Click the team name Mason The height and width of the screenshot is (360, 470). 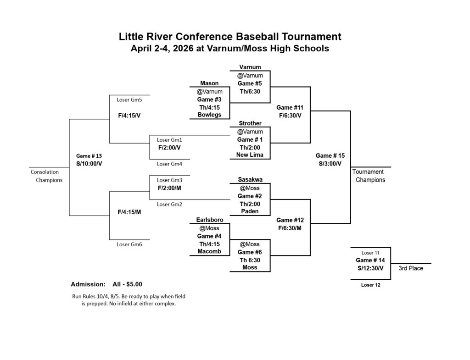pyautogui.click(x=209, y=83)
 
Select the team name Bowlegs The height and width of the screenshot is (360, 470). pyautogui.click(x=209, y=115)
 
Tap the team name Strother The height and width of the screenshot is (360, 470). pyautogui.click(x=250, y=123)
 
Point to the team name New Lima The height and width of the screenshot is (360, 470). pyautogui.click(x=250, y=155)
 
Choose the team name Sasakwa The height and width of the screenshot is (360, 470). pyautogui.click(x=250, y=179)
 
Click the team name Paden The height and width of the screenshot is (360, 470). pyautogui.click(x=250, y=211)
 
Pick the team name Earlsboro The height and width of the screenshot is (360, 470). pyautogui.click(x=209, y=220)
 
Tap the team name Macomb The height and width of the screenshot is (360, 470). pyautogui.click(x=209, y=251)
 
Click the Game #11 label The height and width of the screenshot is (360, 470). pyautogui.click(x=290, y=107)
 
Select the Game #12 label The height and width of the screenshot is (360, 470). pyautogui.click(x=290, y=220)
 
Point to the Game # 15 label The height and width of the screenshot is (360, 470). pyautogui.click(x=330, y=155)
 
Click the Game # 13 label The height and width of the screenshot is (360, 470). pyautogui.click(x=89, y=156)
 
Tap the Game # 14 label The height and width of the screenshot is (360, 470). pyautogui.click(x=370, y=260)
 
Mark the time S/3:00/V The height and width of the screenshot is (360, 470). pyautogui.click(x=330, y=163)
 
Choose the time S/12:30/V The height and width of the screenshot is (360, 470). pyautogui.click(x=370, y=268)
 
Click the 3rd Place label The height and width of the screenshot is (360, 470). pyautogui.click(x=410, y=268)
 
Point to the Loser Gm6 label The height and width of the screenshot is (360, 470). pyautogui.click(x=129, y=244)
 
